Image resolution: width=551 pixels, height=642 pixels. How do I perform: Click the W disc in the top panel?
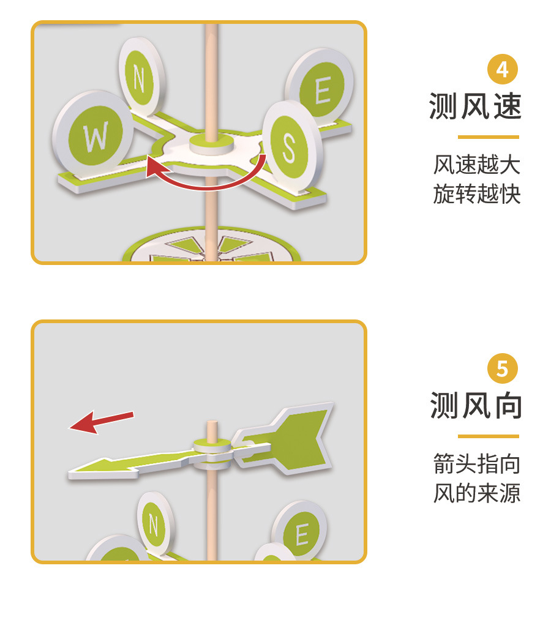coord(94,136)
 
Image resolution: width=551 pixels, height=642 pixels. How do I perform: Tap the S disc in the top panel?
coord(290,144)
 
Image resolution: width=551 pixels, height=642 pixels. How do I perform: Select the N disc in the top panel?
coord(141,78)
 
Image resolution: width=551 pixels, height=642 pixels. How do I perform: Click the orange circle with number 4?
coord(502,70)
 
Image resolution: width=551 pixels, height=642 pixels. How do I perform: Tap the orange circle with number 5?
coord(502,369)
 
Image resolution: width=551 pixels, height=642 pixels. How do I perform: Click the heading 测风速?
coord(476,106)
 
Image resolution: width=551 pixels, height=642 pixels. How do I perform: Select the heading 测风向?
coord(476,406)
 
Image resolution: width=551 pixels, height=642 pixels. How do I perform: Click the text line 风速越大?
coord(477,165)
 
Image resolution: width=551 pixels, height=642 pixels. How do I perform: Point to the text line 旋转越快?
coord(477,195)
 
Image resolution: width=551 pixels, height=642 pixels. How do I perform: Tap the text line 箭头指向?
coord(477,464)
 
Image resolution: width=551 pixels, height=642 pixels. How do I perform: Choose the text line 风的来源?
coord(477,493)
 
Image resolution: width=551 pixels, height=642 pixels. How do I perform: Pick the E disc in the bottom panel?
coord(301,532)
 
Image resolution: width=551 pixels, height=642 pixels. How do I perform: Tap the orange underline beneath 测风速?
coord(488,137)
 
